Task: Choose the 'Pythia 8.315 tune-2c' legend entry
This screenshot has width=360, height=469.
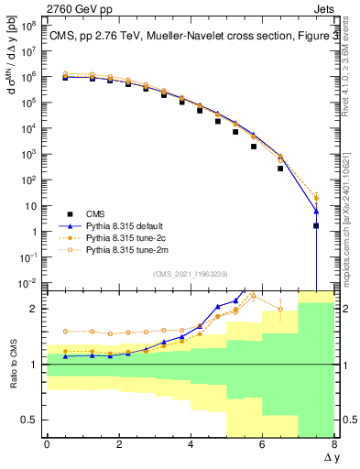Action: (x=116, y=236)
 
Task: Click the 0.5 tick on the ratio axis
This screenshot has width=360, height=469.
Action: (x=30, y=420)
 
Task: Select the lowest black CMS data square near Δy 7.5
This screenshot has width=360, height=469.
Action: (x=316, y=225)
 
